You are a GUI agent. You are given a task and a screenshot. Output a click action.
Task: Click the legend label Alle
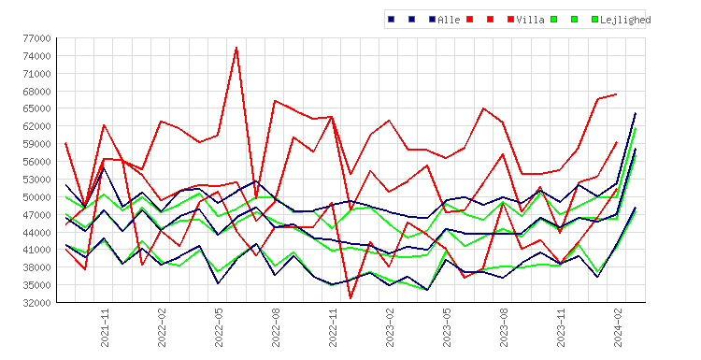pyautogui.click(x=449, y=20)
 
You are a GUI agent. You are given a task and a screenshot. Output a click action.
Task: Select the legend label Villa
pyautogui.click(x=530, y=20)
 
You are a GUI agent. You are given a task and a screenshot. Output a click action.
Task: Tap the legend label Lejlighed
pyautogui.click(x=625, y=20)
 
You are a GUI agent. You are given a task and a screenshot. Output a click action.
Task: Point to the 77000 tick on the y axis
pyautogui.click(x=36, y=38)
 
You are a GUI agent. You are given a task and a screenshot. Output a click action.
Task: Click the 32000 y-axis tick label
pyautogui.click(x=36, y=303)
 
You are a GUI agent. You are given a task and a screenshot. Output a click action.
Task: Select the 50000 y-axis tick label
pyautogui.click(x=36, y=197)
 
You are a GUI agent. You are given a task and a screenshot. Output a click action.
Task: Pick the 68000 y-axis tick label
pyautogui.click(x=36, y=92)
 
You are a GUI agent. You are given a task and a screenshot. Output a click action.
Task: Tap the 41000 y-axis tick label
pyautogui.click(x=36, y=250)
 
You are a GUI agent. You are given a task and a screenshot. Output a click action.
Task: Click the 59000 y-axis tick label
pyautogui.click(x=36, y=144)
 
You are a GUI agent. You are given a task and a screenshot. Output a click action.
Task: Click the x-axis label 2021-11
pyautogui.click(x=105, y=327)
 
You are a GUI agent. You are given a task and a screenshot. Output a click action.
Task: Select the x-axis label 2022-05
pyautogui.click(x=219, y=327)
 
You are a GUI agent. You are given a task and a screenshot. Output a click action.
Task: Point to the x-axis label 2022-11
pyautogui.click(x=333, y=327)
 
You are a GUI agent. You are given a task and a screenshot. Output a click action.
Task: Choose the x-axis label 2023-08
pyautogui.click(x=505, y=327)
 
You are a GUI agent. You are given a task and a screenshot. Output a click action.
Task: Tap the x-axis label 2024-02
pyautogui.click(x=619, y=327)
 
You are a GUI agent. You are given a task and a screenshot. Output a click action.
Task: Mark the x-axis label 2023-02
pyautogui.click(x=391, y=327)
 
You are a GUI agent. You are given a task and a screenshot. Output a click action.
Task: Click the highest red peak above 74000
pyautogui.click(x=236, y=48)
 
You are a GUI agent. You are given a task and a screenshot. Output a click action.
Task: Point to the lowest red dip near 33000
pyautogui.click(x=350, y=298)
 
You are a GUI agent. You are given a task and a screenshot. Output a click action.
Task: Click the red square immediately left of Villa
pyautogui.click(x=510, y=20)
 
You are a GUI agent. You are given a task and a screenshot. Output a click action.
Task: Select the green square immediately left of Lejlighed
pyautogui.click(x=594, y=20)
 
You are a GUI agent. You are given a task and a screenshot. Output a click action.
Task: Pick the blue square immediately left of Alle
pyautogui.click(x=432, y=20)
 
